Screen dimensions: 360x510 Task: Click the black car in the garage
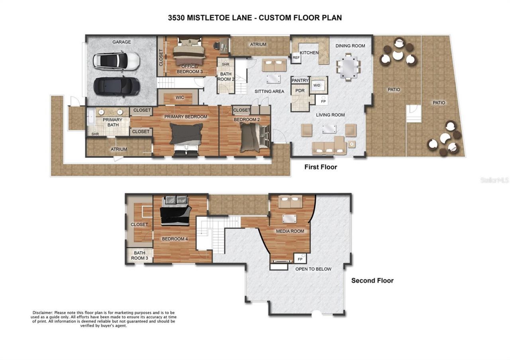pos(116,85)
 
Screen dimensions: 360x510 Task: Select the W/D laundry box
pos(317,85)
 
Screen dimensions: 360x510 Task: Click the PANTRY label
pos(300,80)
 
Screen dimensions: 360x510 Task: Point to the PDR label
pos(300,91)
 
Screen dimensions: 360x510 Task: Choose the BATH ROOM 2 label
pos(226,76)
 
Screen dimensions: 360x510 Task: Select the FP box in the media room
pos(300,259)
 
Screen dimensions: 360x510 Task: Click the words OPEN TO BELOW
pos(313,269)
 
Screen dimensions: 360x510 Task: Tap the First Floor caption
pos(320,167)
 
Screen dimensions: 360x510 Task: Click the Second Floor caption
pos(372,281)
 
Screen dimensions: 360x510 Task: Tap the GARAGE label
pos(121,42)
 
